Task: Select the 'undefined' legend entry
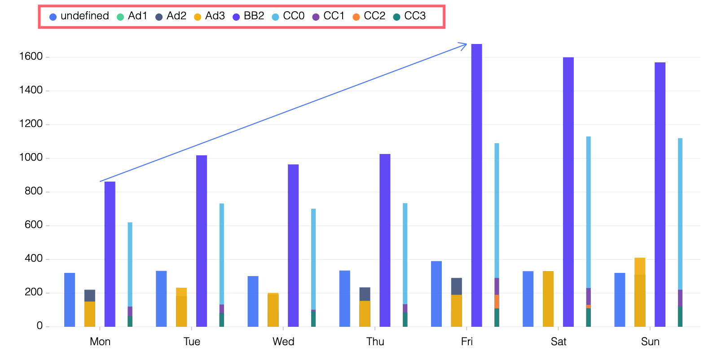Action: click(79, 16)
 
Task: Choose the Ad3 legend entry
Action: click(210, 16)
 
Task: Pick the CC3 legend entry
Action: click(409, 16)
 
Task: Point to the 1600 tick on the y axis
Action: click(31, 57)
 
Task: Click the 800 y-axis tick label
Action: click(34, 191)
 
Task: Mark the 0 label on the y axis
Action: click(40, 326)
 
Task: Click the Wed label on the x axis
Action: click(283, 342)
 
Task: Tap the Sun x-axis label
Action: click(650, 342)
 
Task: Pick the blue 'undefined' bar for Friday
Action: click(436, 294)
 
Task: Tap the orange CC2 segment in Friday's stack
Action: click(497, 302)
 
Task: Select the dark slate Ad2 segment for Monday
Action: click(90, 296)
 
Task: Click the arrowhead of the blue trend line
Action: click(465, 44)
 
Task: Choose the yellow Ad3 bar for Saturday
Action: click(548, 299)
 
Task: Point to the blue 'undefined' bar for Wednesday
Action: click(253, 301)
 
